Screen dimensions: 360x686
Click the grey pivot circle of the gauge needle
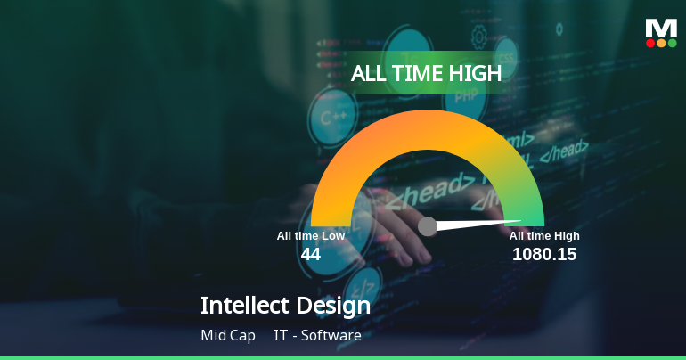428,226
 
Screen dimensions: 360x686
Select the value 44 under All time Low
310,254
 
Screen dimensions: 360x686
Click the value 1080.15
544,254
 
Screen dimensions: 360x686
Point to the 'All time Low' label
310,236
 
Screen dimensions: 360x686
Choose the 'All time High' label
544,236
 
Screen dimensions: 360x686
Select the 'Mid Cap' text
228,336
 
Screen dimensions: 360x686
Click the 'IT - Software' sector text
317,336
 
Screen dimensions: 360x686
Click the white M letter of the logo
661,28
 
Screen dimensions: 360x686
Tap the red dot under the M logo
650,43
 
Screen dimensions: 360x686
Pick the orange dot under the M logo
661,43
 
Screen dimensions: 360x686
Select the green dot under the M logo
672,43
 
